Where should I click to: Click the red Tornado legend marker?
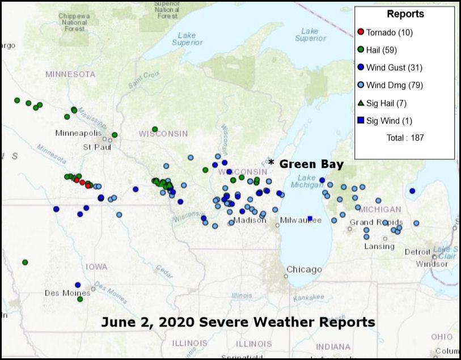coord(361,32)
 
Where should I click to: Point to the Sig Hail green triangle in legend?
coord(361,103)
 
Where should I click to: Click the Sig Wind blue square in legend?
coord(361,121)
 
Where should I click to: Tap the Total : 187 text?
coord(404,138)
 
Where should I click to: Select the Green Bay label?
coord(311,164)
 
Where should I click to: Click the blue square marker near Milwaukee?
coord(310,218)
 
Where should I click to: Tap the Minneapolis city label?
coord(78,133)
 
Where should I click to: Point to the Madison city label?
coord(249,221)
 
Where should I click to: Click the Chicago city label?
coord(304,269)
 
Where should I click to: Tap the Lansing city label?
coord(380,247)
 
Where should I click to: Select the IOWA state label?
coord(96,266)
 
